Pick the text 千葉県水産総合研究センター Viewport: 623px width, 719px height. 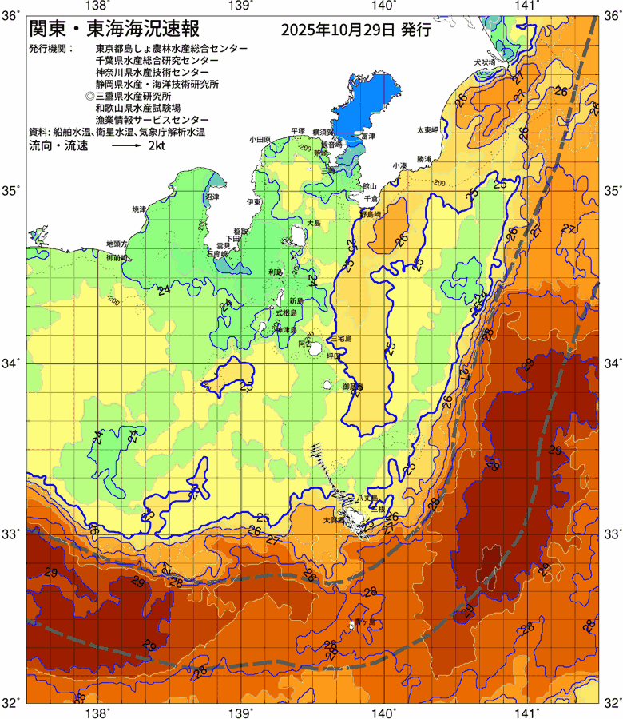pyautogui.click(x=156, y=60)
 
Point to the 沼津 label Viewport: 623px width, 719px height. pyautogui.click(x=212, y=196)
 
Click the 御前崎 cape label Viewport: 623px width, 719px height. pyautogui.click(x=117, y=259)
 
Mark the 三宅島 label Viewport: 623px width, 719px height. pyautogui.click(x=343, y=339)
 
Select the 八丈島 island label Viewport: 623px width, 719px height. pyautogui.click(x=368, y=497)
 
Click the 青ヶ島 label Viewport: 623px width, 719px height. pyautogui.click(x=363, y=621)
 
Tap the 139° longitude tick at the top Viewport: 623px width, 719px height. pyautogui.click(x=241, y=6)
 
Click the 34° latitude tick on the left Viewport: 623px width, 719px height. pyautogui.click(x=11, y=363)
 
